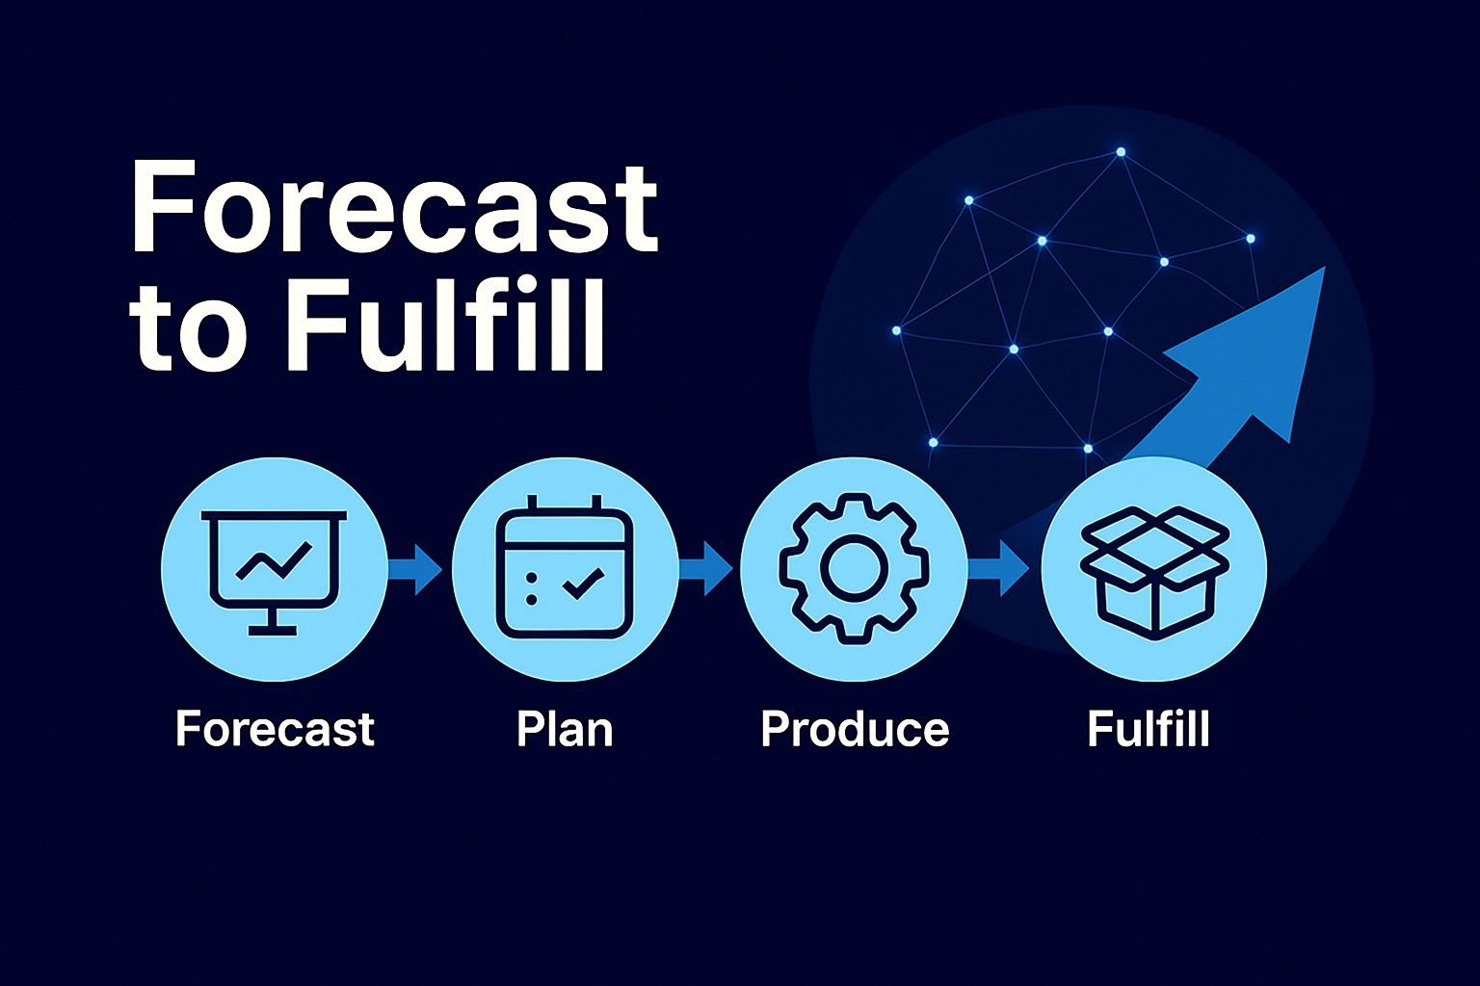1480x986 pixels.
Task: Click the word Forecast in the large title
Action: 394,205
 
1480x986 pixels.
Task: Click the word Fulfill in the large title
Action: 444,324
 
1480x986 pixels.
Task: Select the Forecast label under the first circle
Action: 275,729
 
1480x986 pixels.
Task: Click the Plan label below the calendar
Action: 565,729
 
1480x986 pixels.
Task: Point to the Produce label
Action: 855,729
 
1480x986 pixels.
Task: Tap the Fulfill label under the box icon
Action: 1149,729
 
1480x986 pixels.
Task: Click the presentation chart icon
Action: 275,572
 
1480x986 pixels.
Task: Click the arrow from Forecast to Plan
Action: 415,569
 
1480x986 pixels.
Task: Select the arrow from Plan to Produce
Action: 705,569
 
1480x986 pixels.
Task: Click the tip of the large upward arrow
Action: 1325,268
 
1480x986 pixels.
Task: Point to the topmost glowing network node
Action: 1121,152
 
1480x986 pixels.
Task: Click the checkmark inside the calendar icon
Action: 583,584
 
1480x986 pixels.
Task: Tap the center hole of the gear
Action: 854,568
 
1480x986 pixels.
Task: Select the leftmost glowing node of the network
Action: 897,330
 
